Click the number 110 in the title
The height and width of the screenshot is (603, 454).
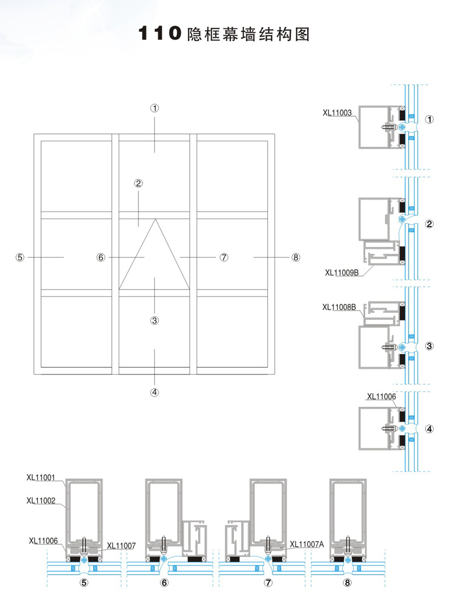159,35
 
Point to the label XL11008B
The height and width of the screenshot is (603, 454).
339,307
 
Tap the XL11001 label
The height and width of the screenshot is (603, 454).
40,477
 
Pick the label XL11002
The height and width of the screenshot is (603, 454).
40,500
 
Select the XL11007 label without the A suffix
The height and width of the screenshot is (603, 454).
121,545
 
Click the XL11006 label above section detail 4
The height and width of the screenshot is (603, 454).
381,396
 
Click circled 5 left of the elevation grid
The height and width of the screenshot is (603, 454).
20,257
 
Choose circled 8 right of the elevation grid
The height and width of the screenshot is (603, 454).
295,257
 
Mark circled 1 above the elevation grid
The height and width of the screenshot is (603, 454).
154,108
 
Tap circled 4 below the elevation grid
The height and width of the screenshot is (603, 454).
154,392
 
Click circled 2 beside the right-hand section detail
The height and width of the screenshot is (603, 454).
430,224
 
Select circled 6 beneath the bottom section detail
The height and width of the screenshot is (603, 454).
165,582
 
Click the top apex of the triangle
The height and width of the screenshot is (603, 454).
154,219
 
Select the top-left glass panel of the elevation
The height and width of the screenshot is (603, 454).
75,176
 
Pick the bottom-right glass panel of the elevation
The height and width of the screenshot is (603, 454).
232,331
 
